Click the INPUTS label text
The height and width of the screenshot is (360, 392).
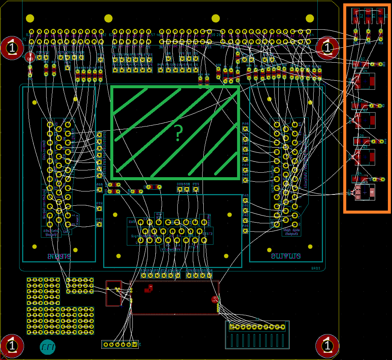(59, 256)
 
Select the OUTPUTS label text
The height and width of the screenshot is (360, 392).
(286, 256)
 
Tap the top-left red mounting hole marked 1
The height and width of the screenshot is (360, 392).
(12, 48)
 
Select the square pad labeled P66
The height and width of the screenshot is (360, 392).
(99, 190)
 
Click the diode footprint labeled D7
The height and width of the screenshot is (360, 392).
(360, 64)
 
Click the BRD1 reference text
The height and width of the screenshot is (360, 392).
(316, 268)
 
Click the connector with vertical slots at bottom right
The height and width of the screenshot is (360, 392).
(257, 334)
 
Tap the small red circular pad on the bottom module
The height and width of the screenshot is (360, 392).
(215, 299)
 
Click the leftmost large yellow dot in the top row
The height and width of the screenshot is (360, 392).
(30, 18)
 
